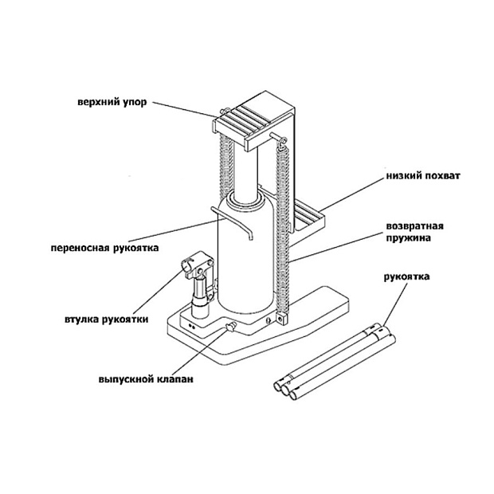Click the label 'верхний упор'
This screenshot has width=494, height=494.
click(112, 103)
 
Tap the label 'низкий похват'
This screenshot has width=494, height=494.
click(423, 176)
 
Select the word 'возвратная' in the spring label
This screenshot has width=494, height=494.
click(414, 226)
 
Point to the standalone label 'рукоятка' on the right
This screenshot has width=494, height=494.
click(406, 277)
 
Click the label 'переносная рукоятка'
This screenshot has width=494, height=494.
click(105, 248)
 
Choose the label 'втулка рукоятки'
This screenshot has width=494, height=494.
click(107, 320)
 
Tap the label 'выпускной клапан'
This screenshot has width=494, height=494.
click(146, 379)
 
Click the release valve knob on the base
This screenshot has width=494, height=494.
click(229, 327)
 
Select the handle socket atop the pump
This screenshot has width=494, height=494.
click(197, 265)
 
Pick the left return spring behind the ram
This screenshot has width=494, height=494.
click(226, 167)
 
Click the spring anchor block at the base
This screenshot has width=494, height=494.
click(282, 318)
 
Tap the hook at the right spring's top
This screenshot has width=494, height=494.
click(281, 141)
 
